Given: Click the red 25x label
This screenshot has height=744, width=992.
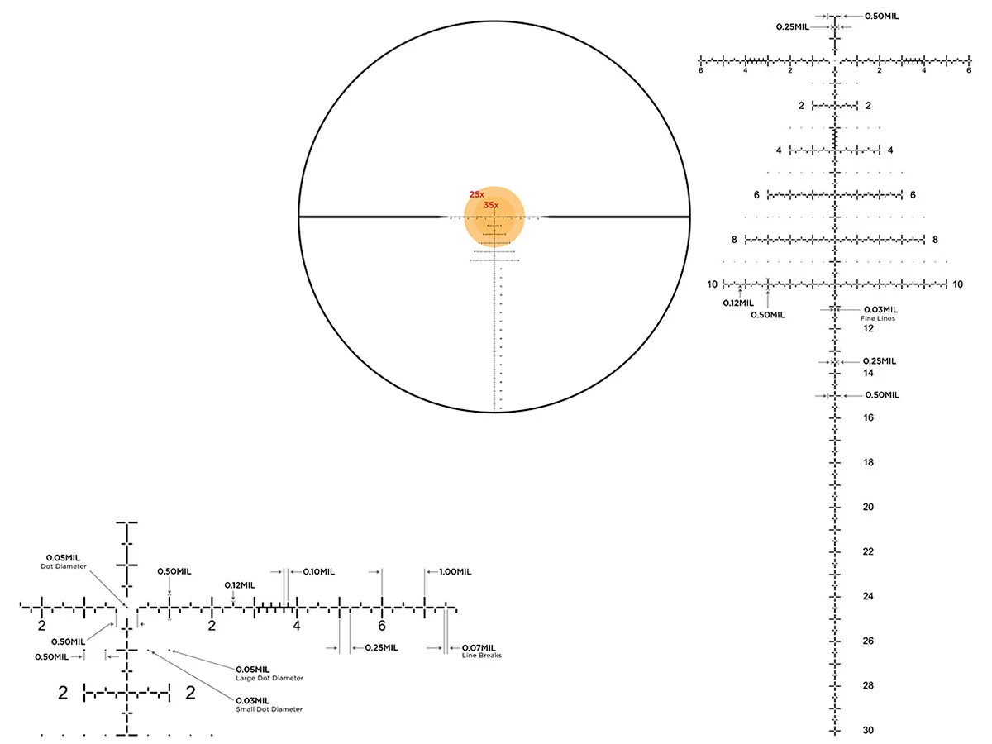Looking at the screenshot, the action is point(476,195).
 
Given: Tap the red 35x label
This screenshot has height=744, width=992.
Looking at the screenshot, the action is point(491,206).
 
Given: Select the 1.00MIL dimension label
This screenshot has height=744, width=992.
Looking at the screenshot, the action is point(455,572).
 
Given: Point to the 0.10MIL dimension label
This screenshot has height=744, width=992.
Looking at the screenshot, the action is point(318,572).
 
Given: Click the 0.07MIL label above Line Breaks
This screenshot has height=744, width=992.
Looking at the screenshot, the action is point(479,648).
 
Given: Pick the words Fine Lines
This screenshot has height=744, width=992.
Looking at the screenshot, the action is point(878,318).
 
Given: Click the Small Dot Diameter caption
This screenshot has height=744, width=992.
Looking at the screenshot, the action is point(269,709).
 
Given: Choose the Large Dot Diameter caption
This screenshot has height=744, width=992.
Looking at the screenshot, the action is point(269,678).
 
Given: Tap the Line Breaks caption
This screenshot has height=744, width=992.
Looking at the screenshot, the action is point(482,656).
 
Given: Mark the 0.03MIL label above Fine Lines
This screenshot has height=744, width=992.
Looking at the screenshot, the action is point(881,310).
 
